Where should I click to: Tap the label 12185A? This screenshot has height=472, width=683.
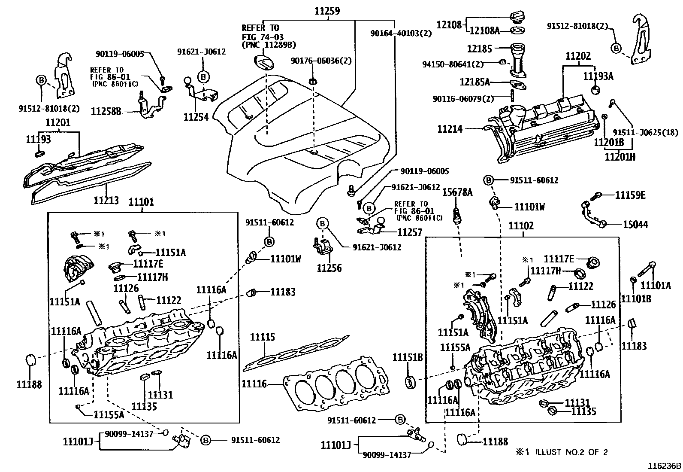coord(474,82)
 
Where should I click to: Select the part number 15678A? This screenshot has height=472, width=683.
coord(457,192)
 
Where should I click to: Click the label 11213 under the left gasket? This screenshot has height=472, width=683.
coord(106,200)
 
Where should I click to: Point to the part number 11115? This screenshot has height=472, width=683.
coord(263,337)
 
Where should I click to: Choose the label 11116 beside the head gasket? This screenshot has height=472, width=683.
coord(254,384)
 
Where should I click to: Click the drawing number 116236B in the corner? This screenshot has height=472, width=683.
coord(664,466)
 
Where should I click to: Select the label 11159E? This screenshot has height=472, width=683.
coord(630,195)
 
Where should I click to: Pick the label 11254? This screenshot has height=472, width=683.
coord(196,117)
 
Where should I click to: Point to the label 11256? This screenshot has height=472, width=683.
coord(329,268)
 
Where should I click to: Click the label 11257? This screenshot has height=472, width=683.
coord(410,232)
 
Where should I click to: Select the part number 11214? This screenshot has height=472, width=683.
coord(450,128)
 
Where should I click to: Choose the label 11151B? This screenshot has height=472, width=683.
coord(408,357)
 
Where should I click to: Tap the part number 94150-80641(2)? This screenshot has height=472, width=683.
coord(452,64)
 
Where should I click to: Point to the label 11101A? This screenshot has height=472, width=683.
coord(655,286)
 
